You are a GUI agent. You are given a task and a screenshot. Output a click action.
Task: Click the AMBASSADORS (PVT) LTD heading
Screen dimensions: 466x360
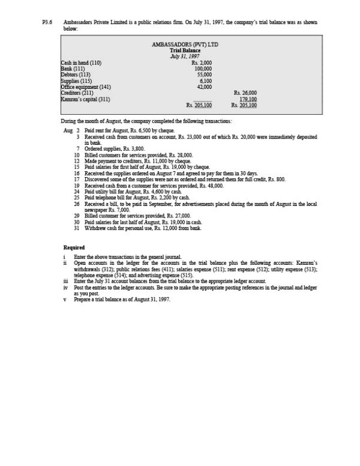184,44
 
